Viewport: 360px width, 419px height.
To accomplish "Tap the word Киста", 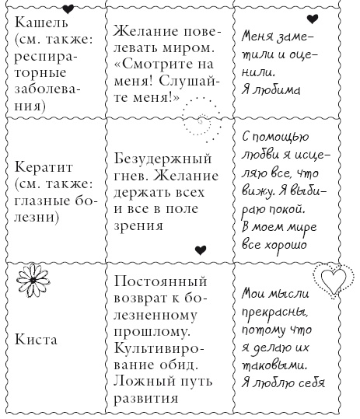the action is pos(33,340).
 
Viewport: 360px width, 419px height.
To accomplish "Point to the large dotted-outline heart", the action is pos(330,278).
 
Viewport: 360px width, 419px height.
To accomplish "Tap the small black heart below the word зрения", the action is pos(201,250).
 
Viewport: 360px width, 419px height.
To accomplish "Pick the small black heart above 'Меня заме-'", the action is pos(312,19).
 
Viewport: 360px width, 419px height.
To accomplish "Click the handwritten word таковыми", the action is pos(276,365).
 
